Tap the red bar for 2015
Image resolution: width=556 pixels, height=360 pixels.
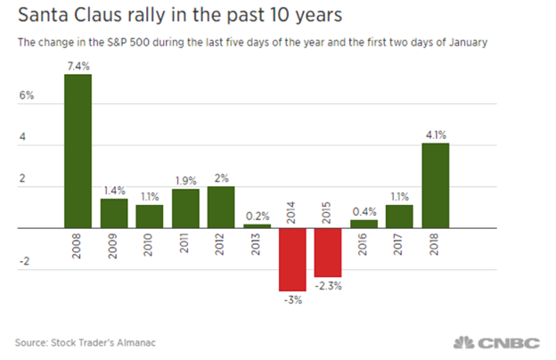(x=328, y=252)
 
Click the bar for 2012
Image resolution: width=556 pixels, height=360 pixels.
(x=220, y=207)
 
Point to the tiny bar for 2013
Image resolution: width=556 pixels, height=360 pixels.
(x=256, y=225)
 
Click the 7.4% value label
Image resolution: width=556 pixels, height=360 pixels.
(x=78, y=66)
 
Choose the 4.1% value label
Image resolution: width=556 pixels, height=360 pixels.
(x=435, y=135)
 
